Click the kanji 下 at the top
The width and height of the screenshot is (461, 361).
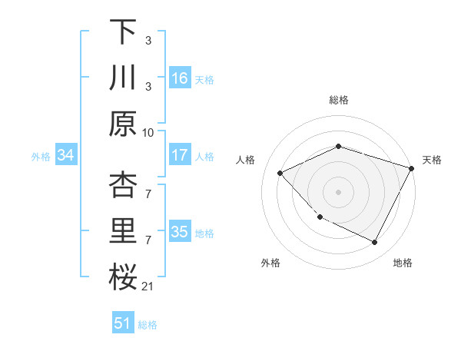pyautogui.click(x=123, y=32)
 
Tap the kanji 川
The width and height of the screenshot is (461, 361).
pyautogui.click(x=123, y=78)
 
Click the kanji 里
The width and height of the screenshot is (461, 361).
pyautogui.click(x=123, y=233)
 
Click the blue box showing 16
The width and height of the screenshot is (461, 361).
pyautogui.click(x=180, y=78)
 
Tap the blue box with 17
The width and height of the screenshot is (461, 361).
pyautogui.click(x=180, y=155)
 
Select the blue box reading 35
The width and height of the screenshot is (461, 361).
pyautogui.click(x=180, y=232)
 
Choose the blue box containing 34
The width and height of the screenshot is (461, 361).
pyautogui.click(x=66, y=156)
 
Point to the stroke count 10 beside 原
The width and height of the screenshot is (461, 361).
pyautogui.click(x=148, y=132)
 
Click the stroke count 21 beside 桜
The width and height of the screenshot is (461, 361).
pyautogui.click(x=148, y=286)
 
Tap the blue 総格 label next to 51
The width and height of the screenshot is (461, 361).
pyautogui.click(x=148, y=325)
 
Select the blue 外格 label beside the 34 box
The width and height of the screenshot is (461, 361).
pyautogui.click(x=41, y=157)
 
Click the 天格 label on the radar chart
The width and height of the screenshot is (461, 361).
pyautogui.click(x=432, y=160)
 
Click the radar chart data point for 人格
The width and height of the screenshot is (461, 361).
pyautogui.click(x=280, y=174)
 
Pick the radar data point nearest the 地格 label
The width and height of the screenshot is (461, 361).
pyautogui.click(x=374, y=243)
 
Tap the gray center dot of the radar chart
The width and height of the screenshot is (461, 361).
pyautogui.click(x=338, y=192)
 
